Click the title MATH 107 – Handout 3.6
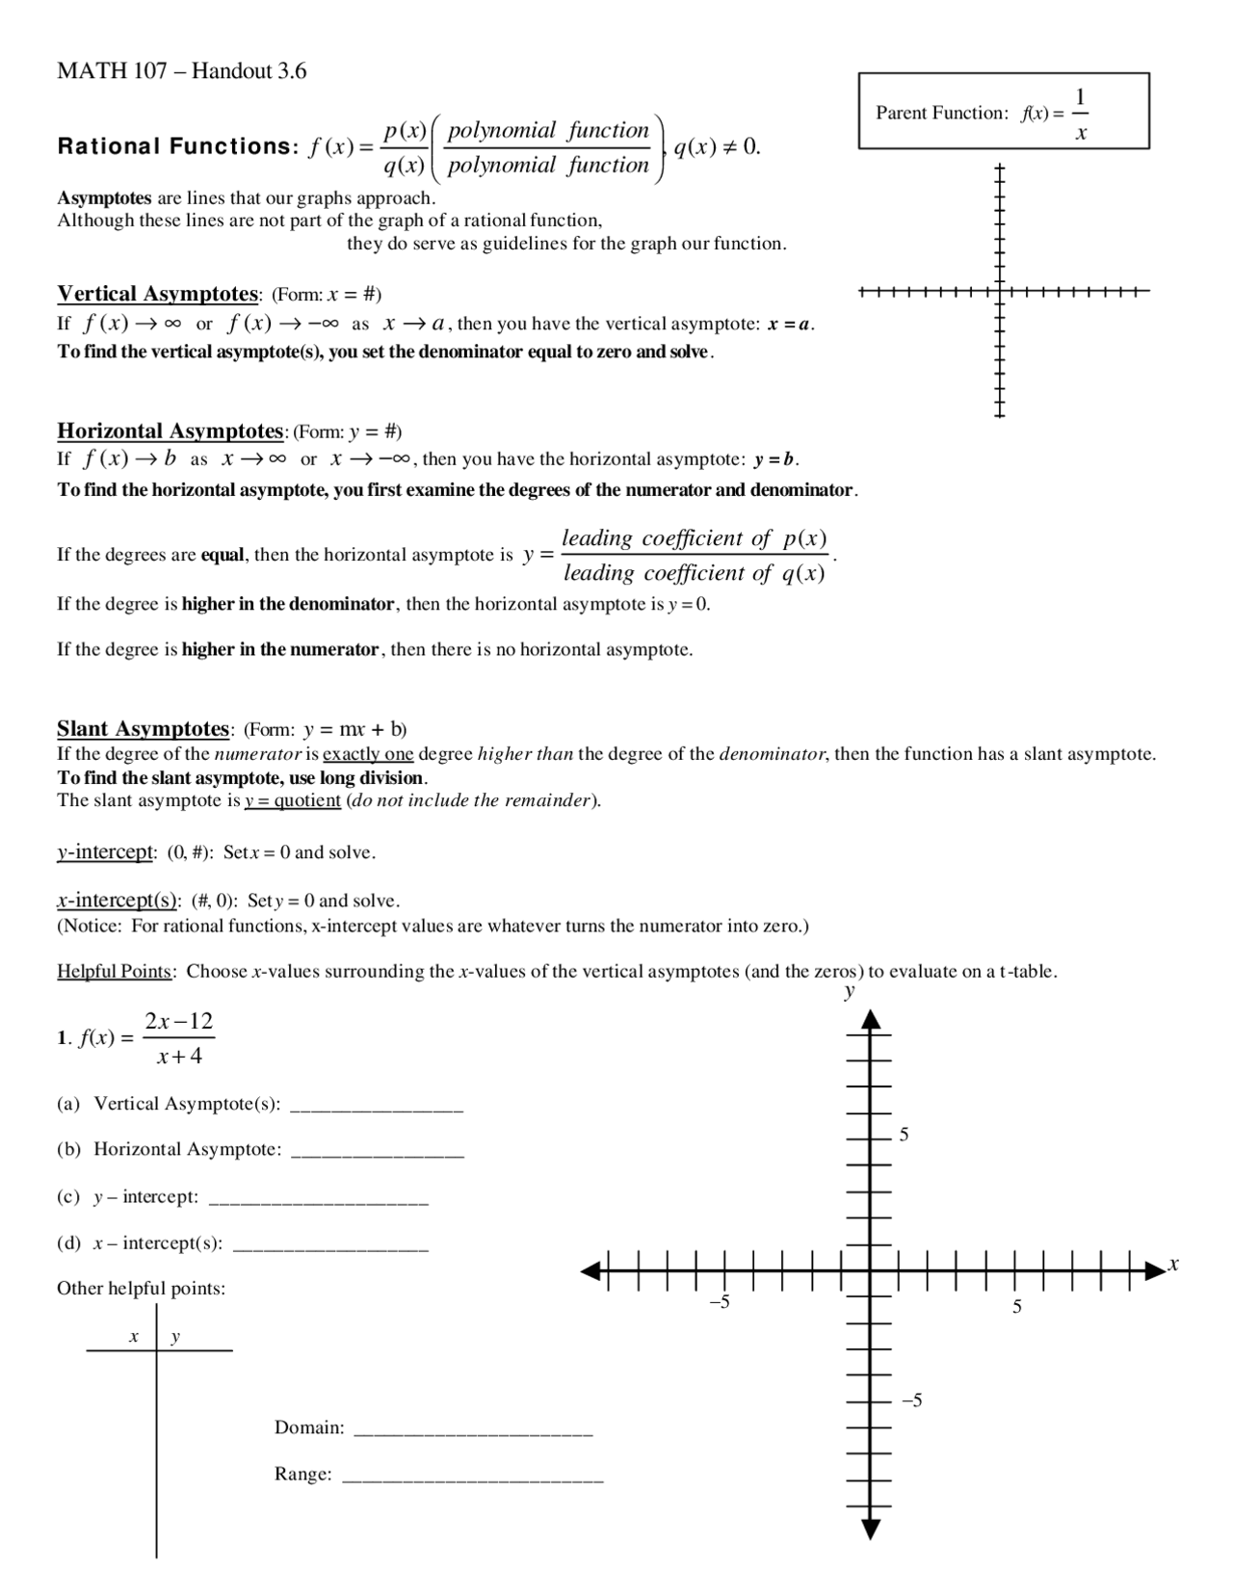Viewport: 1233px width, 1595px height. point(182,71)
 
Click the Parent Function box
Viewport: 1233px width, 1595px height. point(1003,112)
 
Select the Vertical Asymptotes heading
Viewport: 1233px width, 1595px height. point(157,293)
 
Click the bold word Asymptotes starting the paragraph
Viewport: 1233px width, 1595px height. point(104,197)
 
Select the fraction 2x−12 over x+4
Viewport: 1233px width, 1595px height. point(179,1038)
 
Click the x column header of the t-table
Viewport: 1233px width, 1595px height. point(133,1337)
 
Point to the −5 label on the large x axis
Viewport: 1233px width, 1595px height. point(720,1303)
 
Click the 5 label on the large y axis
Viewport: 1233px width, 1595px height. point(904,1135)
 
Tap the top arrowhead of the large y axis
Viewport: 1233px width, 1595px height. point(871,1019)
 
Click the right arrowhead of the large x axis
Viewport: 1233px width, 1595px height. point(1154,1271)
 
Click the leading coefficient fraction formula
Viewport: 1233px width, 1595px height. point(695,556)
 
